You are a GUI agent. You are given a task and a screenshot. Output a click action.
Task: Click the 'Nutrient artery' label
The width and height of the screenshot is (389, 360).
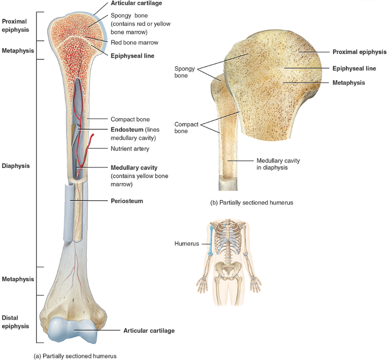[x=130, y=149]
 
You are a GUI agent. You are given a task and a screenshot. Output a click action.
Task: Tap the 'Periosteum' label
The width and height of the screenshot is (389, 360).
[x=127, y=200]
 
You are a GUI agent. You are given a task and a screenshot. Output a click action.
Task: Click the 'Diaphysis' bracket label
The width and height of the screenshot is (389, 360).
[x=16, y=166]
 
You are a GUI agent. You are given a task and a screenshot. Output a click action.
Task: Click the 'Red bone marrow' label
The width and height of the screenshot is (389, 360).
[x=134, y=42]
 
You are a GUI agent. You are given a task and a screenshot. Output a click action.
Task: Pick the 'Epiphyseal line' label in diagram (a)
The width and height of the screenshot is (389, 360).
[x=133, y=56]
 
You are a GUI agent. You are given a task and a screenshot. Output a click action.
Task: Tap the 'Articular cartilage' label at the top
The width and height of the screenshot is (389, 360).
[x=136, y=3]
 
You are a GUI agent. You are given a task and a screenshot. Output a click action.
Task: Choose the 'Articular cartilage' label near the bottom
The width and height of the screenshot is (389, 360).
[x=149, y=331]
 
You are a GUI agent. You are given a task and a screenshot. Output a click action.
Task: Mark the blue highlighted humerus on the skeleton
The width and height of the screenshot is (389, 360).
[x=211, y=240]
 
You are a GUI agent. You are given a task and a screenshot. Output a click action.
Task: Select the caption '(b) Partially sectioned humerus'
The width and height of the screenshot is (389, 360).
[x=252, y=203]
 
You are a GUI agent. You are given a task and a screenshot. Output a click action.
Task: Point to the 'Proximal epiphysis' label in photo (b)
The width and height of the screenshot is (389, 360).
[x=359, y=52]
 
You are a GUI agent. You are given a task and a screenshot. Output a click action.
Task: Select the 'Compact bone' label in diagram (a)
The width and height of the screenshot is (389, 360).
[x=130, y=119]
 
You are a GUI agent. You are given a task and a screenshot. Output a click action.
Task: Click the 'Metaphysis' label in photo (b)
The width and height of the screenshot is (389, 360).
[x=349, y=83]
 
